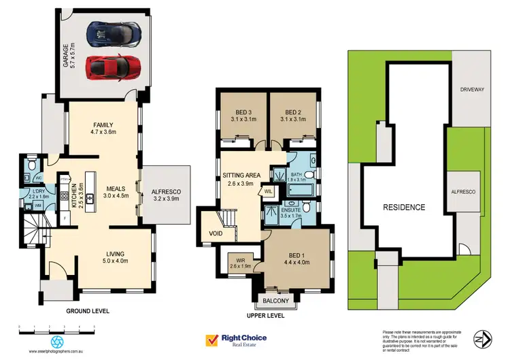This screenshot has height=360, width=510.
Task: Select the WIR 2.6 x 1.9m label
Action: pyautogui.click(x=239, y=262)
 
